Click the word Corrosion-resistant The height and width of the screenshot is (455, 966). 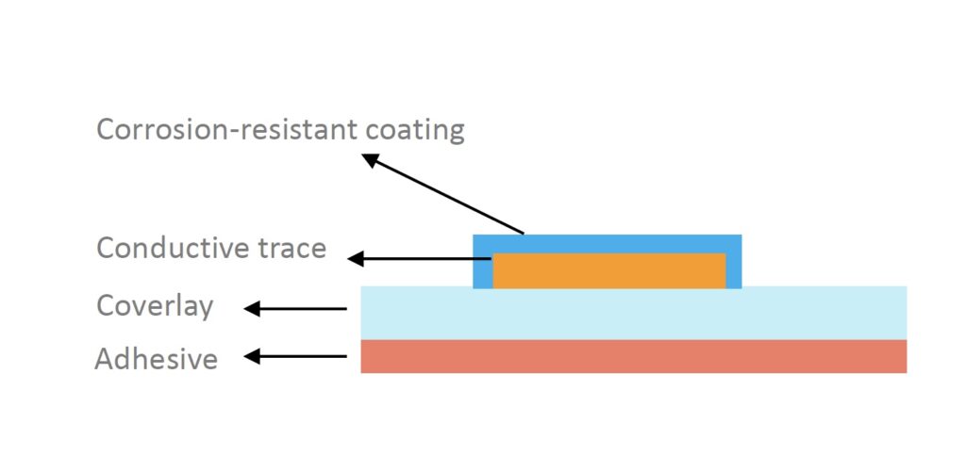[x=226, y=130]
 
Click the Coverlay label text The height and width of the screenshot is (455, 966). [x=156, y=306]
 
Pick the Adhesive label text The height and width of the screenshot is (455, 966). [x=157, y=359]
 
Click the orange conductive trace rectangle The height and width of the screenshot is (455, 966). [x=609, y=270]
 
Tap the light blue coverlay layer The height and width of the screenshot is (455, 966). [x=633, y=313]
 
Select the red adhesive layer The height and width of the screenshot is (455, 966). [x=633, y=357]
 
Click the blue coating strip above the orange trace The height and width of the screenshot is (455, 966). [x=607, y=243]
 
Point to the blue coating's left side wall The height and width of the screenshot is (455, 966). [x=483, y=262]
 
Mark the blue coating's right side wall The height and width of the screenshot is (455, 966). [x=734, y=262]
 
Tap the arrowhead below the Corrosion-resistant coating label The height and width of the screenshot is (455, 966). [x=370, y=160]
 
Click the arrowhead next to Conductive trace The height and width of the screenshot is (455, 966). [x=356, y=259]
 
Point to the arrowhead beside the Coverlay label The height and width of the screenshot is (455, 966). [x=252, y=309]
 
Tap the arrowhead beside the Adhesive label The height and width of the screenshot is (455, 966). [x=252, y=356]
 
